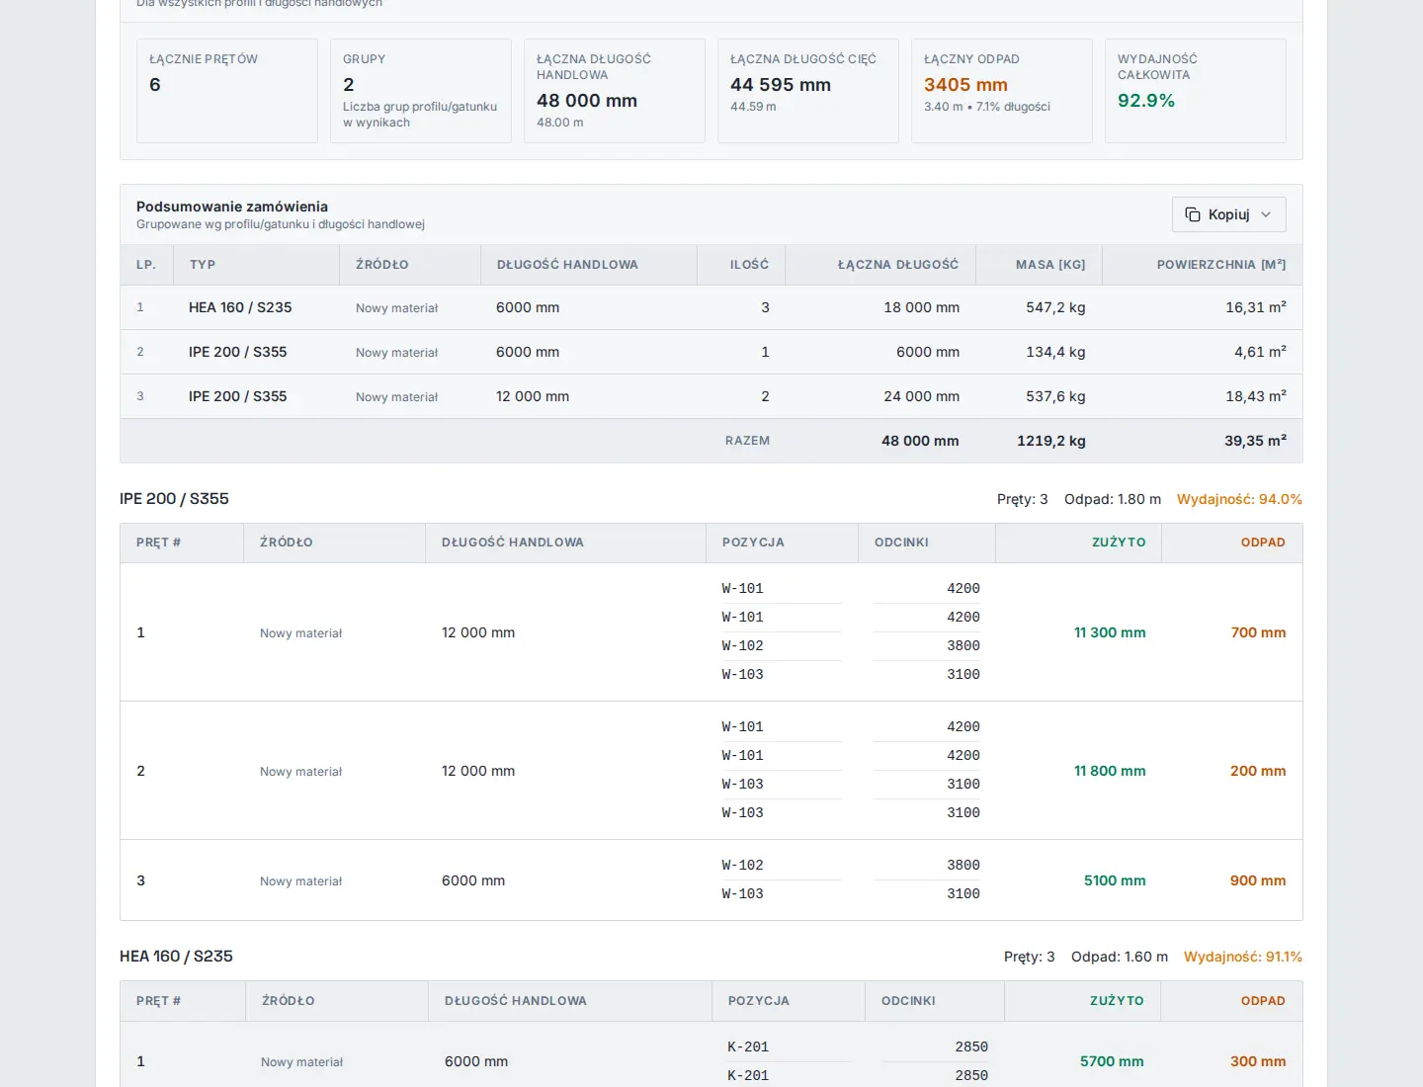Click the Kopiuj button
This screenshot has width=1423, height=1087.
(x=1228, y=214)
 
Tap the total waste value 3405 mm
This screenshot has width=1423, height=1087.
(x=965, y=85)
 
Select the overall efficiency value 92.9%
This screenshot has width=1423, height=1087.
(x=1145, y=101)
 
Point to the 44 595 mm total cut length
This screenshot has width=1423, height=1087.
(x=780, y=85)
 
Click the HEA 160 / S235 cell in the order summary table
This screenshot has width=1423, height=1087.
(x=240, y=307)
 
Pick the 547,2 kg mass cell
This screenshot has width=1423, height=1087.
(x=1054, y=307)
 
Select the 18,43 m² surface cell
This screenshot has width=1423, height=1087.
(x=1255, y=396)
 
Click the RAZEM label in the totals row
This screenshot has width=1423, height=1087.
(x=747, y=441)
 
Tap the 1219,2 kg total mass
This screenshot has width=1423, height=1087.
(x=1050, y=441)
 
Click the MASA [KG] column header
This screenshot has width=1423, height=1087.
(x=1050, y=265)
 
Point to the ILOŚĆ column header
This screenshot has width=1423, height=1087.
(x=749, y=265)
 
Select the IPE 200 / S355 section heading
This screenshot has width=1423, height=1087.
(x=174, y=498)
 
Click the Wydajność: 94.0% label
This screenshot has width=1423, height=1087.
(x=1239, y=499)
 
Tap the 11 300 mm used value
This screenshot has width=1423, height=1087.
(x=1109, y=632)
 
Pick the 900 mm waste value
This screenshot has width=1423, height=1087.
(x=1258, y=880)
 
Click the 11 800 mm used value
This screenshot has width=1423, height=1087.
(x=1109, y=771)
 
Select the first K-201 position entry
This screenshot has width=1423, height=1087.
(x=747, y=1046)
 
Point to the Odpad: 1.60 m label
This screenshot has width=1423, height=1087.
(x=1119, y=957)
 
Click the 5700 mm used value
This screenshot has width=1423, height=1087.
(x=1111, y=1061)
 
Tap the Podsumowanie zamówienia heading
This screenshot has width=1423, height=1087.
(x=232, y=207)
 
